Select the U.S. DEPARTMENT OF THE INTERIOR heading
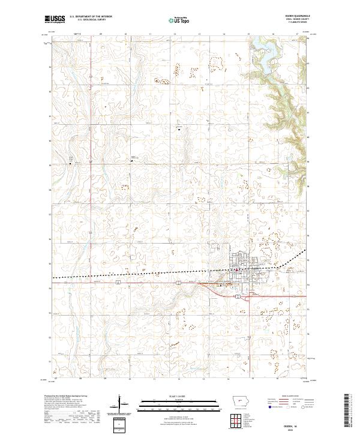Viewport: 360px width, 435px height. pyautogui.click(x=91, y=17)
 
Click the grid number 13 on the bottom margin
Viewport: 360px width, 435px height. pyautogui.click(x=203, y=379)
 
